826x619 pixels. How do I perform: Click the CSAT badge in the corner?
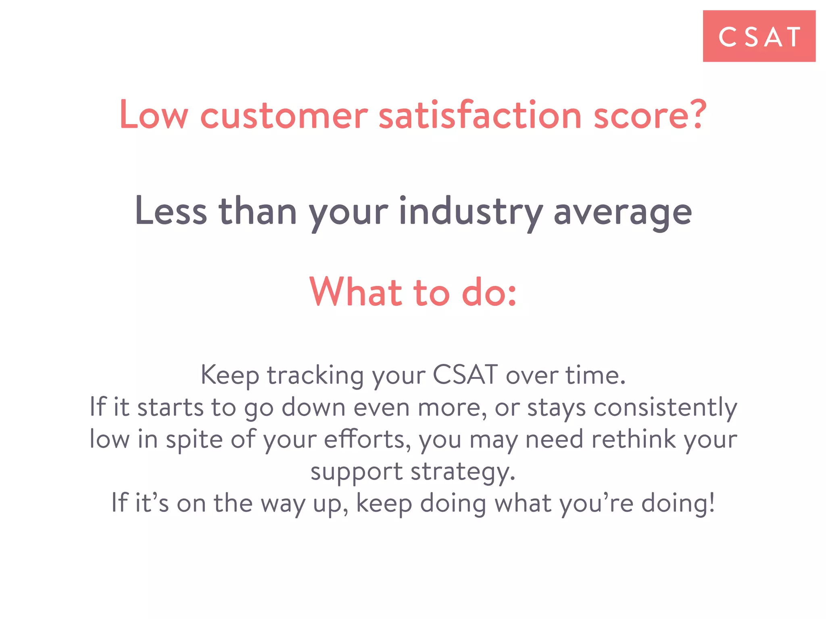pyautogui.click(x=759, y=36)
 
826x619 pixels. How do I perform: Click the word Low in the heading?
pyautogui.click(x=154, y=115)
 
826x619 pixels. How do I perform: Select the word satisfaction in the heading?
pyautogui.click(x=480, y=115)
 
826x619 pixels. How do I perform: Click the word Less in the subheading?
pyautogui.click(x=171, y=212)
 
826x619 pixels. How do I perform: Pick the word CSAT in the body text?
pyautogui.click(x=465, y=375)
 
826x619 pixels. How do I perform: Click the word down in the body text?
pyautogui.click(x=313, y=407)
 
